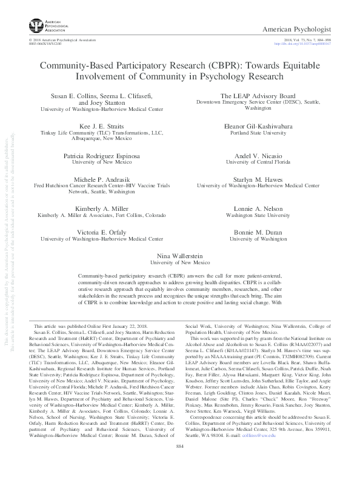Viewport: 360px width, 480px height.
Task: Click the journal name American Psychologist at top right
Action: click(x=310, y=28)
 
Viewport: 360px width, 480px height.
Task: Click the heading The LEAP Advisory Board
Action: click(x=258, y=96)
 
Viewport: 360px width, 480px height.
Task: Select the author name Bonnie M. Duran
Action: click(x=258, y=233)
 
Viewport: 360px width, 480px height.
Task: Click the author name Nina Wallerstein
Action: click(x=179, y=258)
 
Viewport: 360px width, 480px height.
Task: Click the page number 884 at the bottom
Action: click(x=179, y=463)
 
